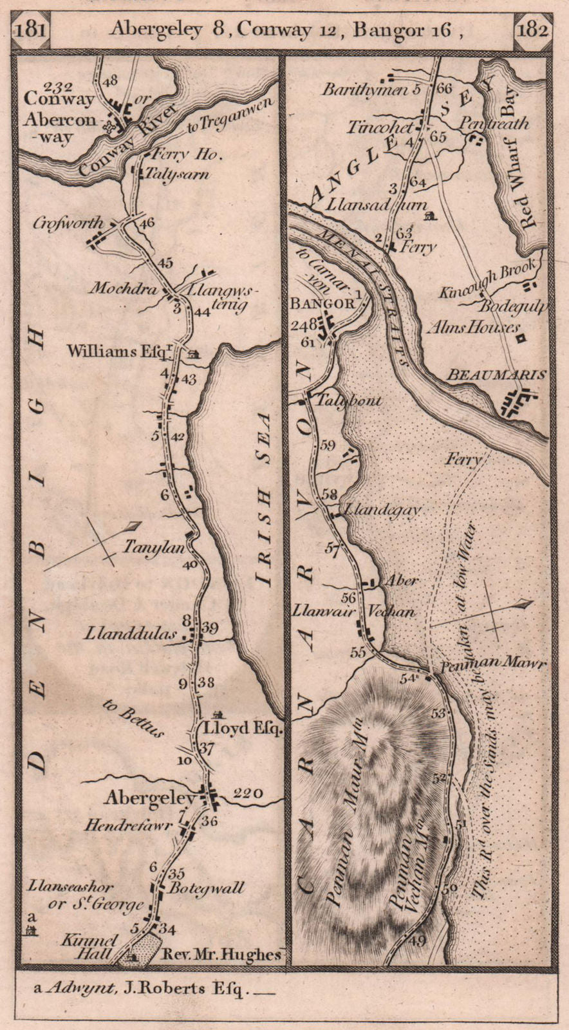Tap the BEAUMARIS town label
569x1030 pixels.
pos(505,375)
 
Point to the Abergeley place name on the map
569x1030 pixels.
pos(150,799)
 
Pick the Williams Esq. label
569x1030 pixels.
pos(119,351)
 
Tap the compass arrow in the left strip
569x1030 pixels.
pos(92,544)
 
